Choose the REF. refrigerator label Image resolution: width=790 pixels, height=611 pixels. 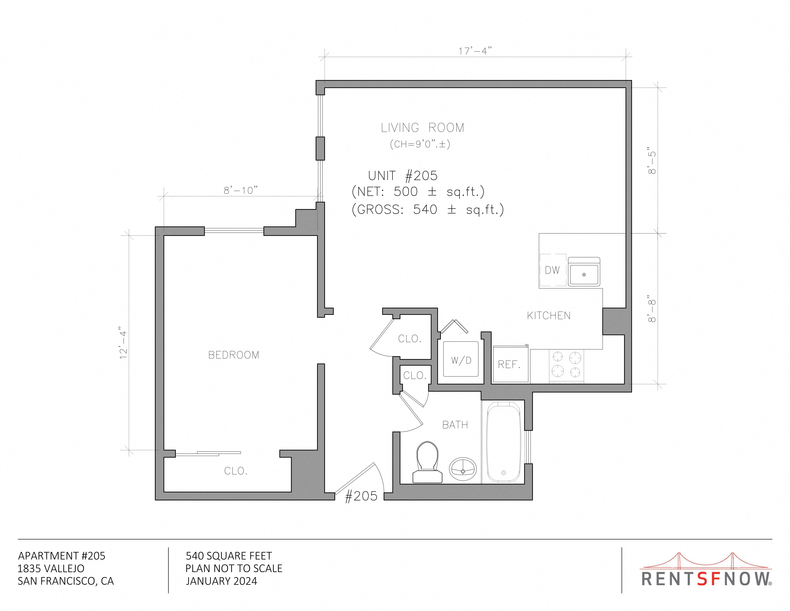point(509,364)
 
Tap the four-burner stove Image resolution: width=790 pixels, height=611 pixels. point(566,366)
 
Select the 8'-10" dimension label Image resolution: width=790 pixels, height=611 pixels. point(241,190)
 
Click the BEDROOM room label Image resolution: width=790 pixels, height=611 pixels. point(234,355)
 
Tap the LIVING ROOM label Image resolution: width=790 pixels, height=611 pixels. point(423,128)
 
